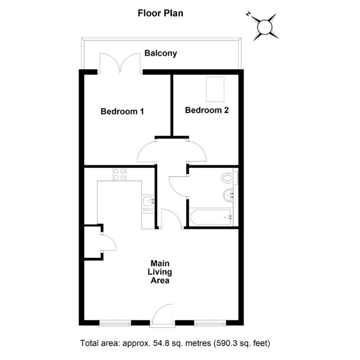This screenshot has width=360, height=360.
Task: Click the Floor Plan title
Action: click(x=160, y=13)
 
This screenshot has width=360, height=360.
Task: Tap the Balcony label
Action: click(x=161, y=53)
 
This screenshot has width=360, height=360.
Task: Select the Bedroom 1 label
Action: click(x=122, y=111)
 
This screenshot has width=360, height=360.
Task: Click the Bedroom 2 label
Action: click(x=207, y=110)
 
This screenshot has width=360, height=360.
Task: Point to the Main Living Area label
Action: click(x=160, y=272)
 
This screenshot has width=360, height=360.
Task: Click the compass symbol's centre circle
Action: click(x=265, y=27)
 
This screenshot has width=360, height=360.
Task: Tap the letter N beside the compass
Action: click(x=248, y=14)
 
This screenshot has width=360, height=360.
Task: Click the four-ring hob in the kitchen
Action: click(x=120, y=174)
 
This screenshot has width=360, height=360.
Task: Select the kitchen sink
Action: click(x=148, y=201)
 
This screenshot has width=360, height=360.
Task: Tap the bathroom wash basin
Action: click(x=228, y=195)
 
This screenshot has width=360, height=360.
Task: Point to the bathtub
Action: click(x=211, y=217)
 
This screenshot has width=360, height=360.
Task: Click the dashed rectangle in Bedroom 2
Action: click(x=215, y=90)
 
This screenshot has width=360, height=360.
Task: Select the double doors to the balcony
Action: click(x=120, y=63)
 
